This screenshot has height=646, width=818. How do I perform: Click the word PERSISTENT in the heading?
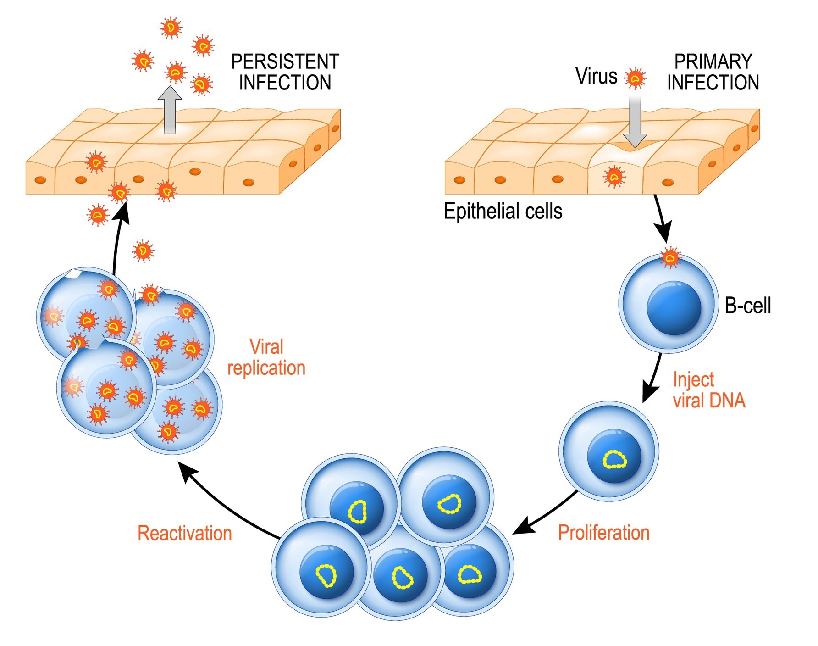click(x=285, y=61)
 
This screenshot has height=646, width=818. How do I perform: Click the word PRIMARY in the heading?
click(x=713, y=61)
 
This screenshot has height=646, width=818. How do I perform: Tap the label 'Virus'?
click(x=596, y=76)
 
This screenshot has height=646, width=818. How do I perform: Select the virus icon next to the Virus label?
click(x=635, y=79)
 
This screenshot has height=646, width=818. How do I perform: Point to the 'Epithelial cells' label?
click(x=503, y=212)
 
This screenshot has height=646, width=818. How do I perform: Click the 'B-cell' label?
click(x=747, y=306)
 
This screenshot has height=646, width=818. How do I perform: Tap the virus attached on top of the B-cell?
click(x=670, y=258)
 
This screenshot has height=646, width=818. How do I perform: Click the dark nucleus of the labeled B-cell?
click(x=674, y=308)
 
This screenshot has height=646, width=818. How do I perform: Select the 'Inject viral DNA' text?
click(x=708, y=390)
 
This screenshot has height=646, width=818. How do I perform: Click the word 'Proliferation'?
click(x=603, y=533)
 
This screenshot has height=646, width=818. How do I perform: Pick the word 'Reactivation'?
click(x=185, y=534)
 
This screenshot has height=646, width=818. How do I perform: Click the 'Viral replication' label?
click(x=266, y=357)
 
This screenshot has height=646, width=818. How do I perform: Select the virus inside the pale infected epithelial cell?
click(x=614, y=176)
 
